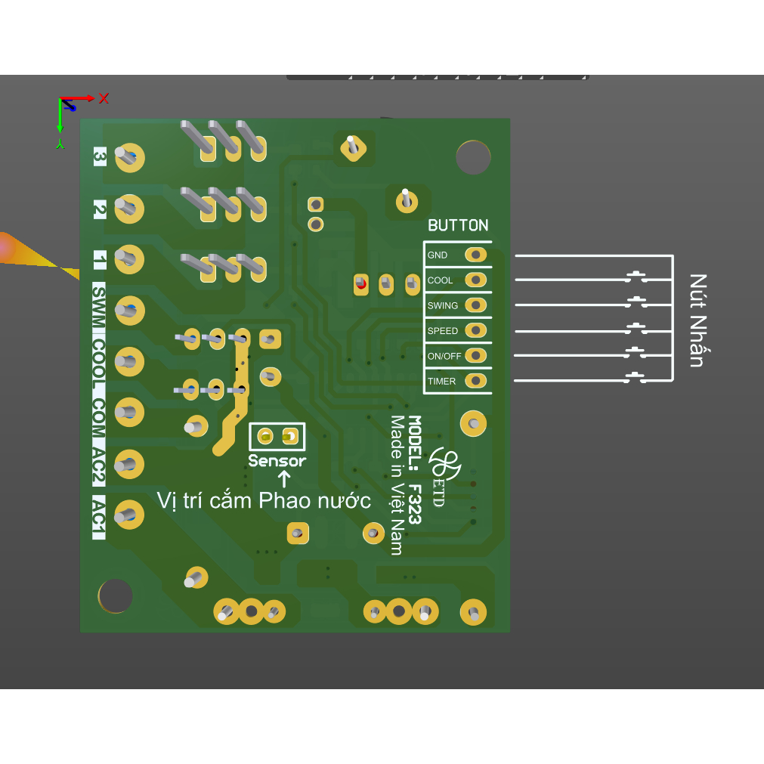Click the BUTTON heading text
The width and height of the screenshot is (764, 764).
tap(458, 225)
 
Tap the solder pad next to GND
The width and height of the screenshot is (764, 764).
tap(476, 255)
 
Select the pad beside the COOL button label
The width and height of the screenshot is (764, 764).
tap(476, 280)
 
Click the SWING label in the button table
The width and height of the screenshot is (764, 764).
tap(442, 305)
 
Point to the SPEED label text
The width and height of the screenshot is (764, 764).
tap(442, 331)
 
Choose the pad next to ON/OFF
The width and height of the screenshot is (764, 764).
tap(476, 356)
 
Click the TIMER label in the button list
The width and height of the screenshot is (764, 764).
tap(441, 381)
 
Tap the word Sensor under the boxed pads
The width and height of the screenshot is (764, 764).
tap(277, 461)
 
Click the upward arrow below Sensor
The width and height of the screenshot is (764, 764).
tap(284, 479)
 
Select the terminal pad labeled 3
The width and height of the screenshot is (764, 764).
tap(130, 157)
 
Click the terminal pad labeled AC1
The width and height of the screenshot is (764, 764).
tap(130, 515)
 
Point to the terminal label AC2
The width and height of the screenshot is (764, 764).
tap(98, 467)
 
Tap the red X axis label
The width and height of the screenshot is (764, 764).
tap(104, 98)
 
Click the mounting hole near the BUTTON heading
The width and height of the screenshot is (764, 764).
tap(473, 157)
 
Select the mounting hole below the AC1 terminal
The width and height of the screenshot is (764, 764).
tap(116, 596)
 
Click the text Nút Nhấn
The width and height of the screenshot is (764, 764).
tap(697, 320)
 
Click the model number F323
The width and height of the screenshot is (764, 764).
tap(414, 504)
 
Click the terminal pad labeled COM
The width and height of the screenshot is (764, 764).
tap(130, 412)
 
